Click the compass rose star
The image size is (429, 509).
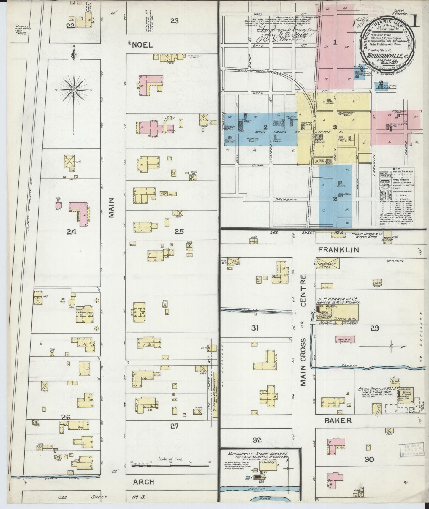(73, 89)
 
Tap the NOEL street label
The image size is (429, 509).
(142, 45)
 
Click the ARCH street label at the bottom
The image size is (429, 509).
(143, 481)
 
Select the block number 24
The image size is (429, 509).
(71, 232)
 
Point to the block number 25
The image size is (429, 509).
(179, 232)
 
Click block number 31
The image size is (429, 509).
(255, 328)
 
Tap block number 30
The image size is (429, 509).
(369, 459)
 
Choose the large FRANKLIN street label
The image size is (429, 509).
(338, 250)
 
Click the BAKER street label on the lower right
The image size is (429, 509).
(338, 421)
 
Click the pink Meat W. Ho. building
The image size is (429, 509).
(346, 339)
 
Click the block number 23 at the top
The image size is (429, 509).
(175, 20)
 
